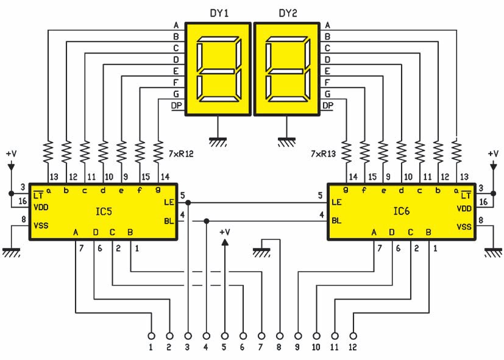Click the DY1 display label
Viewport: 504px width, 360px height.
click(218, 13)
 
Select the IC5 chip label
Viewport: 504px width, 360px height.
click(104, 213)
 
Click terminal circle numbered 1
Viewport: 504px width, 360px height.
click(151, 336)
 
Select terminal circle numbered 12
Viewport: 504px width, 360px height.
click(353, 336)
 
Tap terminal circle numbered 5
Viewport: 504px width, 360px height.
click(224, 336)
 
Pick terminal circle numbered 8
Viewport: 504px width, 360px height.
click(280, 336)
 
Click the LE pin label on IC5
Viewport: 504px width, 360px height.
click(169, 202)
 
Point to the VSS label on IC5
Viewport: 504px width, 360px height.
click(41, 225)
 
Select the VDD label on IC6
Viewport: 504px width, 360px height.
click(467, 208)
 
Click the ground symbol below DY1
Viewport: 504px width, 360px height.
click(217, 140)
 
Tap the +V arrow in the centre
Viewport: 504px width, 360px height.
click(224, 242)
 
